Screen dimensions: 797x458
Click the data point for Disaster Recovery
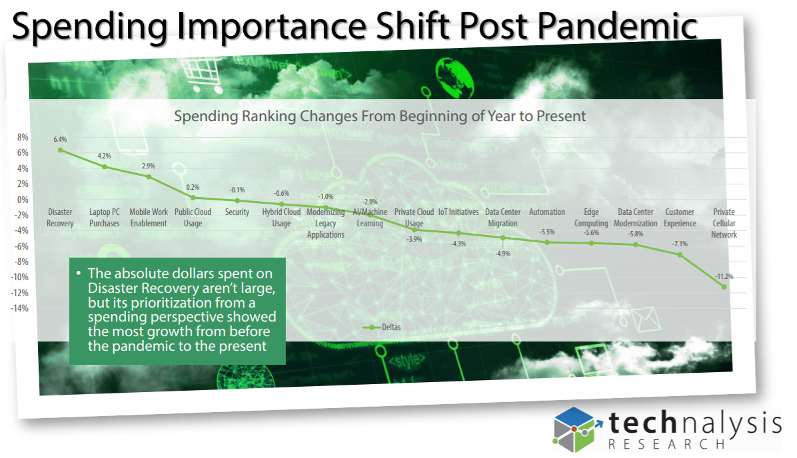[x=61, y=150]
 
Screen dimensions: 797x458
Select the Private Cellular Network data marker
[x=724, y=287]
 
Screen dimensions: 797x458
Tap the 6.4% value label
[x=60, y=139]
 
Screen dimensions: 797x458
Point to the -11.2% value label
[x=724, y=277]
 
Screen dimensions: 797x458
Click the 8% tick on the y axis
[x=23, y=137]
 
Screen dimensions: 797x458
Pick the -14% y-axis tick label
[x=20, y=308]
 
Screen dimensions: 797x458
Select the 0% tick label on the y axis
[x=23, y=200]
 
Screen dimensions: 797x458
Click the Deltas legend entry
[x=382, y=328]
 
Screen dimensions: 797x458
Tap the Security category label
[x=237, y=212]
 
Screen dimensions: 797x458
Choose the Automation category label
[x=547, y=212]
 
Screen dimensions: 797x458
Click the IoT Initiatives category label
[x=458, y=212]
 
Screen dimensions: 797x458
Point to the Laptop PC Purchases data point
[x=105, y=167]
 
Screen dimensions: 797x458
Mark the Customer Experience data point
[x=680, y=255]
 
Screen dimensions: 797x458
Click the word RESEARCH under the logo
[x=667, y=444]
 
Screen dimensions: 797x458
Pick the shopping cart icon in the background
[x=202, y=75]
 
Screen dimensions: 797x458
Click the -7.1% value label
[x=680, y=244]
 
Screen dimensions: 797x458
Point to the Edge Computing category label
[x=591, y=218]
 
